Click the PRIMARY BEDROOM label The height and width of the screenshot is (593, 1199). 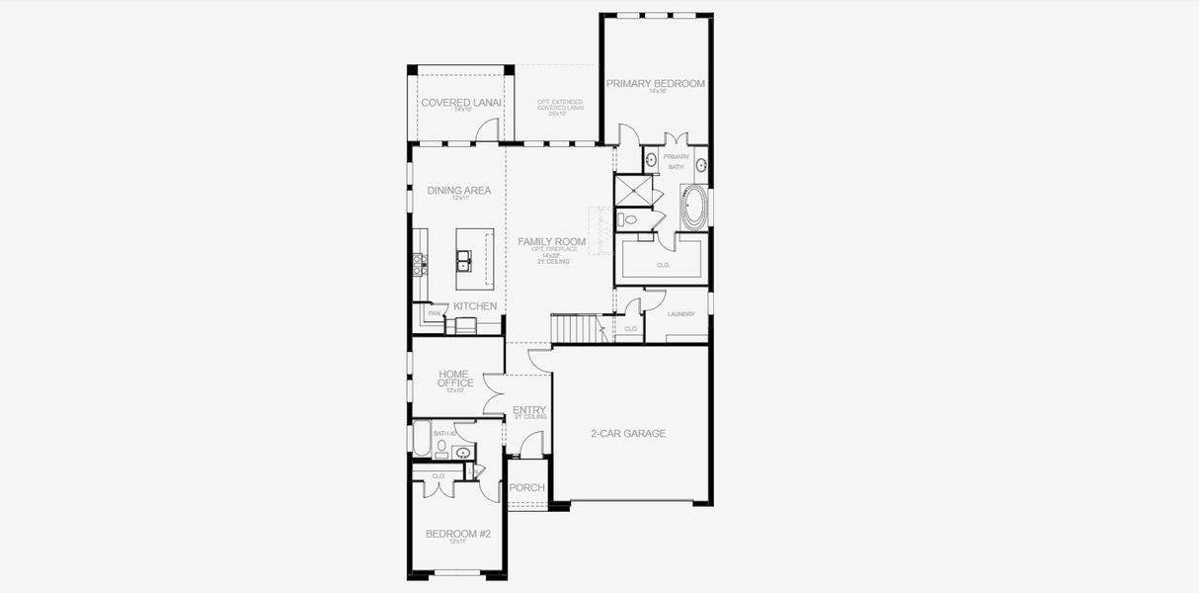pos(656,84)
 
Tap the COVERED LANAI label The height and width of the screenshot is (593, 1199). pos(461,102)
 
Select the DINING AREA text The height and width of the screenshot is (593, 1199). pos(458,191)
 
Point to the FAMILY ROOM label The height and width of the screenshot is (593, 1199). pos(552,241)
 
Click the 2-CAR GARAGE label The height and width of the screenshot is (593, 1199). pos(628,433)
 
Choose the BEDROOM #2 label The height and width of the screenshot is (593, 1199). pos(457,534)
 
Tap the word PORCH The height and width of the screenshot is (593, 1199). pos(526,487)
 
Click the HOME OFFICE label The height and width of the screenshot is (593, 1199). pos(455,379)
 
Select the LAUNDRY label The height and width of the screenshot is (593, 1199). pos(680,314)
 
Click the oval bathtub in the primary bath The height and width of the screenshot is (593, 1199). pos(694,209)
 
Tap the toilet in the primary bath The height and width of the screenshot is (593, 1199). pos(628,219)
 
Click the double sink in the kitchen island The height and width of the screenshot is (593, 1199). pos(462,260)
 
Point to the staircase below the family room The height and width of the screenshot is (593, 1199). pos(575,327)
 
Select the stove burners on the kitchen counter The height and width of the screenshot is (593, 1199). pos(419,263)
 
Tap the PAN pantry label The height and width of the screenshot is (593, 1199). pos(434,314)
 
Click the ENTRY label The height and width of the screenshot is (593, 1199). pos(528,410)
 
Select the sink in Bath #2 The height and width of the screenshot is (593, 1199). pos(461,453)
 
